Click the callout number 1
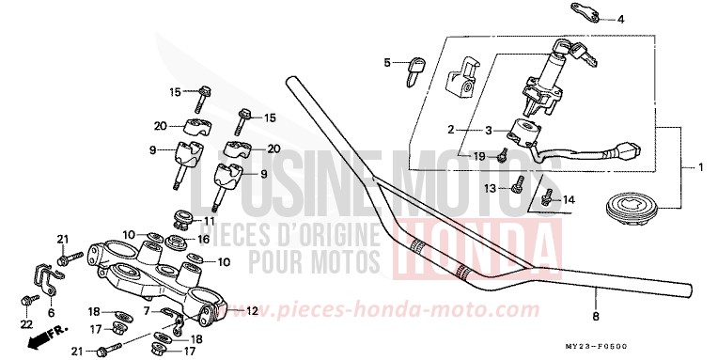pos(700,167)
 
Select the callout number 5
pos(385,63)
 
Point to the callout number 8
pos(596,316)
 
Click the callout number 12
pos(251,311)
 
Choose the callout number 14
pos(567,199)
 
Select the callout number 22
pos(25,322)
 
